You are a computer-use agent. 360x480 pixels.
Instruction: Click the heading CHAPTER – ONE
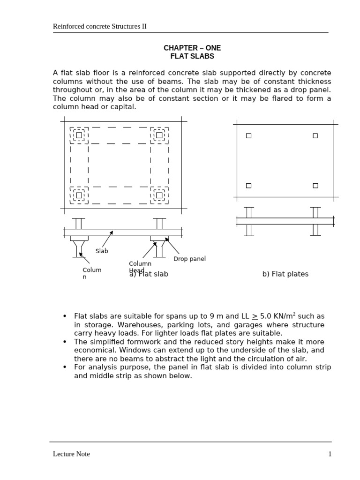(x=192, y=48)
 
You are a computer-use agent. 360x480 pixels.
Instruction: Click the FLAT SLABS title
(x=192, y=56)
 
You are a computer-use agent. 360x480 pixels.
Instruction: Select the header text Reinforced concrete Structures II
(x=99, y=26)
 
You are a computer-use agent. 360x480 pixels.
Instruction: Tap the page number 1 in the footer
(x=330, y=454)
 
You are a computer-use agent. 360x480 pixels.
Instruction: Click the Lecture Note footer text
(x=71, y=454)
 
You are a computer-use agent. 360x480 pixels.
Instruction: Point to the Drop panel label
(x=189, y=259)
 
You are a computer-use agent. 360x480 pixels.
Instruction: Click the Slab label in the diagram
(x=102, y=251)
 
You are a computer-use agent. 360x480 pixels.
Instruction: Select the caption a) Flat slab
(x=149, y=274)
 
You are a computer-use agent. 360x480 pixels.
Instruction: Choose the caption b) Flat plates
(x=285, y=274)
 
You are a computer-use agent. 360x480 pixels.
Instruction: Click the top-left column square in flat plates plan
(x=248, y=135)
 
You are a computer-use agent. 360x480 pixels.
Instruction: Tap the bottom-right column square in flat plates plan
(x=315, y=186)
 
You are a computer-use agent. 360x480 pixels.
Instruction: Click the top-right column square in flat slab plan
(x=159, y=135)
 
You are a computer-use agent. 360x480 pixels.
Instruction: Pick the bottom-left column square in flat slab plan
(x=79, y=195)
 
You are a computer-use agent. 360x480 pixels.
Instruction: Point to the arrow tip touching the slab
(x=112, y=231)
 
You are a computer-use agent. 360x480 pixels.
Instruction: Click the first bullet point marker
(x=65, y=316)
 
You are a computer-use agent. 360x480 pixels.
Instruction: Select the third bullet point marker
(x=65, y=367)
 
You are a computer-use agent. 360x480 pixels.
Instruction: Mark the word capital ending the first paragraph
(x=124, y=107)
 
